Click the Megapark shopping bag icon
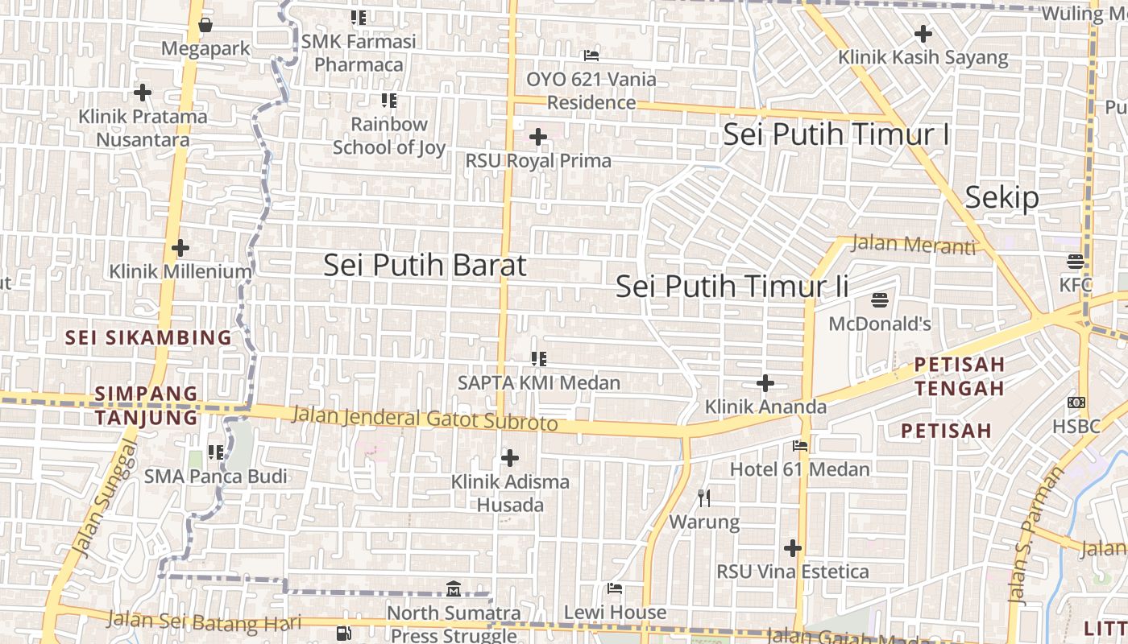[205, 25]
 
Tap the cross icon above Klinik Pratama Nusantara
[143, 93]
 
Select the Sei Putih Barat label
[425, 265]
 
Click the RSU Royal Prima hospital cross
[538, 137]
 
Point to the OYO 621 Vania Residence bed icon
[591, 56]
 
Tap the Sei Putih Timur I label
[836, 134]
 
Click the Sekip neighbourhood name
[1002, 197]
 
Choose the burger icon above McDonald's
[880, 301]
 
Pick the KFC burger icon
[1076, 262]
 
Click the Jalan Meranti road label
[913, 244]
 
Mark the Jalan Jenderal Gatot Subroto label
[424, 419]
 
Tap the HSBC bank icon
[1076, 402]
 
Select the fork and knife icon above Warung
[704, 498]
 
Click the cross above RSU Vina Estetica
[793, 549]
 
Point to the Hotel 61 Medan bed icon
[800, 445]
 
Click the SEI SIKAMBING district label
[148, 337]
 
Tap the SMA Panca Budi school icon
[216, 452]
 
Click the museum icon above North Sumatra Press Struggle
[453, 589]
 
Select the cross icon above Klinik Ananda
[765, 383]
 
